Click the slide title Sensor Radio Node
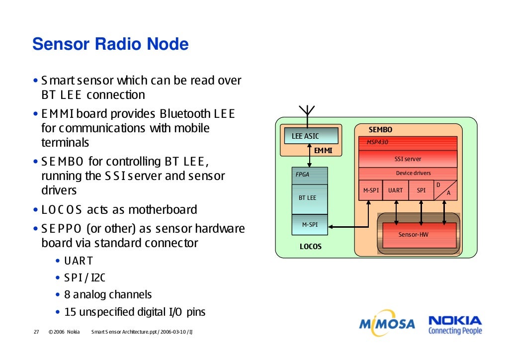[x=110, y=44]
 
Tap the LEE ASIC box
[x=311, y=136]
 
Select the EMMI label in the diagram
[x=323, y=151]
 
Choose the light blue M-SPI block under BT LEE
[x=310, y=225]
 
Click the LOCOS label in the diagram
[x=310, y=247]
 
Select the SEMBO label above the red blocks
[x=380, y=129]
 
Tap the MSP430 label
[x=377, y=142]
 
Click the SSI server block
[x=408, y=159]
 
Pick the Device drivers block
[x=408, y=174]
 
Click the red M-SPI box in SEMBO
[x=371, y=190]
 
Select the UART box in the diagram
[x=395, y=190]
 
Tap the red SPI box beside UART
[x=421, y=190]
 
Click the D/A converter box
[x=445, y=190]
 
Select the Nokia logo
[x=455, y=325]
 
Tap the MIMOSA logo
[x=387, y=323]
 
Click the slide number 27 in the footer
[x=36, y=332]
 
